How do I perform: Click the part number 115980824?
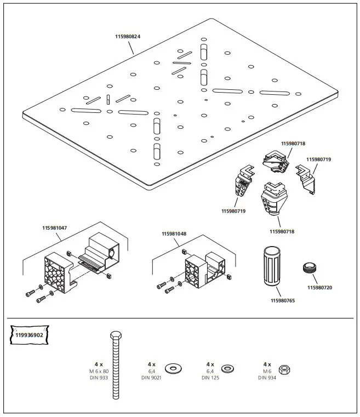point(128,37)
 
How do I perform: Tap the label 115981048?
point(174,233)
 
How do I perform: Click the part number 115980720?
point(320,288)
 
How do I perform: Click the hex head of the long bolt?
point(115,336)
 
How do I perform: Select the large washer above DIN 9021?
point(174,366)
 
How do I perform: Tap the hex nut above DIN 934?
point(283,368)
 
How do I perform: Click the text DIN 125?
point(210,378)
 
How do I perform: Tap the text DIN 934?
point(267,378)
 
